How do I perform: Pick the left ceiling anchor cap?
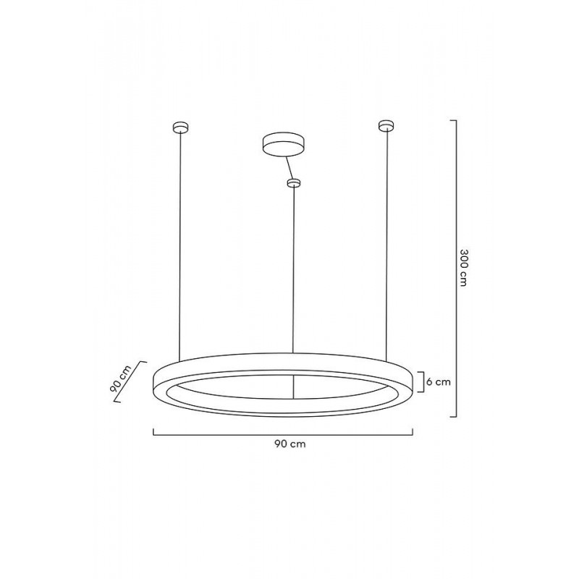pyautogui.click(x=179, y=128)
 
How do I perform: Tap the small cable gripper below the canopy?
pyautogui.click(x=293, y=183)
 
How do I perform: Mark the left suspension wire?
pyautogui.click(x=179, y=246)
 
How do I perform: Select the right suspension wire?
pyautogui.click(x=388, y=246)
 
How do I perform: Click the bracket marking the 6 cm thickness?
pyautogui.click(x=422, y=381)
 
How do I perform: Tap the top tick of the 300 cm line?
pyautogui.click(x=454, y=119)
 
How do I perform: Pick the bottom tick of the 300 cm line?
pyautogui.click(x=454, y=417)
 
